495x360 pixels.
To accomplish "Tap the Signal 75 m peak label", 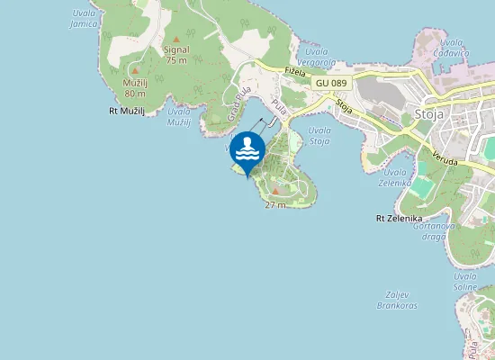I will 177,55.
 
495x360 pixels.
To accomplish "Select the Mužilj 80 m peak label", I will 135,87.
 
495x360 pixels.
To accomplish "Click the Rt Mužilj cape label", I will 126,111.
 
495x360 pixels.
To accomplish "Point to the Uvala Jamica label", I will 83,18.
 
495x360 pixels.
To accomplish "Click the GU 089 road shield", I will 330,83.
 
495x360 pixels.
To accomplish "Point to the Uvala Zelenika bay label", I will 397,176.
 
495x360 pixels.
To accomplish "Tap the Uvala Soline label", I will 465,281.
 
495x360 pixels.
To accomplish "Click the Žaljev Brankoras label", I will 397,301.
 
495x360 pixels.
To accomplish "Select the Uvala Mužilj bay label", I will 179,116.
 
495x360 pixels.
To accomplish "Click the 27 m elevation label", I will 275,205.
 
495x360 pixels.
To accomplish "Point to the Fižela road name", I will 294,71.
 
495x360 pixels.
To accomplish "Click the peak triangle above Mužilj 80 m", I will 135,70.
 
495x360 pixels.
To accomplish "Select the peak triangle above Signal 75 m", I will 176,39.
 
